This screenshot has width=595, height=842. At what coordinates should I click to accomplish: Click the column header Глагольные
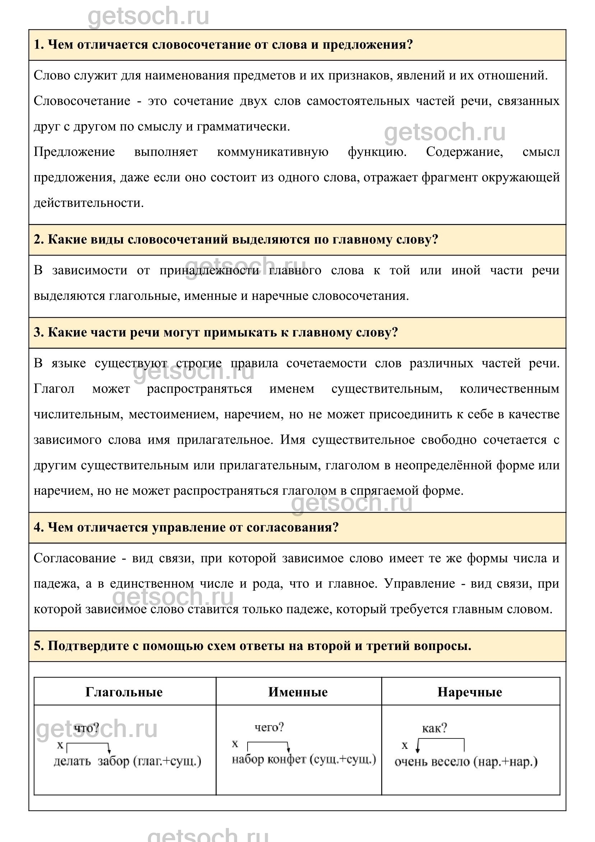[x=124, y=692]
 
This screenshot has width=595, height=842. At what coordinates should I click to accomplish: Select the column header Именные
[x=298, y=692]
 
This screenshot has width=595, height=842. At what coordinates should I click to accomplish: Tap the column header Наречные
[x=470, y=692]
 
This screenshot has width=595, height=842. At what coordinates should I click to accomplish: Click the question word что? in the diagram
[x=87, y=728]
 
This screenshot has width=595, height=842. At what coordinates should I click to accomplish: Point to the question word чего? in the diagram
[x=269, y=727]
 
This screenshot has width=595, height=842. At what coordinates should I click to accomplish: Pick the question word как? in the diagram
[x=434, y=728]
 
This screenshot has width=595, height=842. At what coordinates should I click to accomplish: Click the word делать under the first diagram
[x=72, y=761]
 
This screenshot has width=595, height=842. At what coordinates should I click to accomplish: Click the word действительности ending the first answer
[x=88, y=203]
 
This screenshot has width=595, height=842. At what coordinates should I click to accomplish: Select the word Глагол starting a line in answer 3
[x=54, y=389]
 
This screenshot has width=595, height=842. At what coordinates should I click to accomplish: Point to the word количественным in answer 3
[x=509, y=389]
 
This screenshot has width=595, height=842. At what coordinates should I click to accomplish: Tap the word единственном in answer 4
[x=152, y=584]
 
